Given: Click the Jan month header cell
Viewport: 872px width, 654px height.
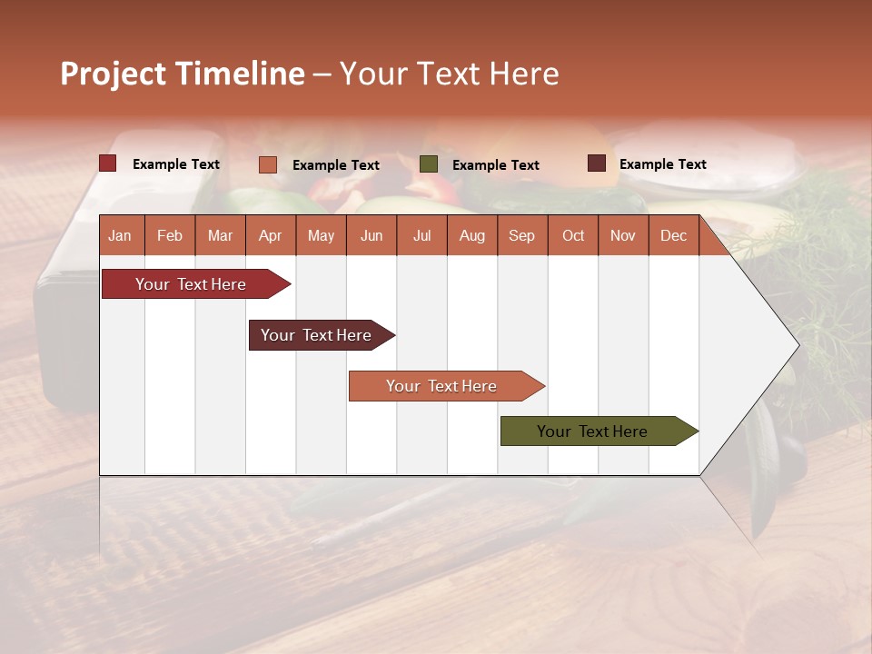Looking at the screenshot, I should click(120, 236).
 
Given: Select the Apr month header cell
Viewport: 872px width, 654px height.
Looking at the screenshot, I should click(270, 236).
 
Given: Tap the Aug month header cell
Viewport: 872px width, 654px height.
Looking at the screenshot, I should click(471, 236).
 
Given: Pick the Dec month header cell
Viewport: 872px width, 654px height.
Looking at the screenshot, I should click(673, 236).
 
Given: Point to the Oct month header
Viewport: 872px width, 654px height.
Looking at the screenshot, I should click(573, 236).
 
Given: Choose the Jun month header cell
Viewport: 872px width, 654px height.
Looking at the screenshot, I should click(372, 236).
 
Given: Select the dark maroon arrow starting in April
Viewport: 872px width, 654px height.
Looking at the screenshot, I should click(318, 335).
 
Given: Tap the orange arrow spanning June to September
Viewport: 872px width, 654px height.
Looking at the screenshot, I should click(443, 386).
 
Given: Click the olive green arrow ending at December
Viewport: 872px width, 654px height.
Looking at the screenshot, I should click(595, 431).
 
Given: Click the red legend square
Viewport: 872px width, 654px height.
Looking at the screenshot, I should click(107, 163).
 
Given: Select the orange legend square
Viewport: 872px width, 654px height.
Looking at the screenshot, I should click(267, 164).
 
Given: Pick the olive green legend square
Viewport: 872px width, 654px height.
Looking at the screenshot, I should click(429, 164).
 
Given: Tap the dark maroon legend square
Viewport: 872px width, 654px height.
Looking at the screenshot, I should click(596, 163).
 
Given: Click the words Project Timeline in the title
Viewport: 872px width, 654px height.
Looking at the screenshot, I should click(182, 74).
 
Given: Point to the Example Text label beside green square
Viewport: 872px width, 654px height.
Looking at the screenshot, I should click(496, 165).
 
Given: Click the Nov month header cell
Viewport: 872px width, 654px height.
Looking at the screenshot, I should click(623, 236).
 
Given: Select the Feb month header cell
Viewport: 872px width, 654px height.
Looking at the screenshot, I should click(170, 236).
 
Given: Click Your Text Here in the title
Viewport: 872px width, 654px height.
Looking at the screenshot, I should click(450, 74).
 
